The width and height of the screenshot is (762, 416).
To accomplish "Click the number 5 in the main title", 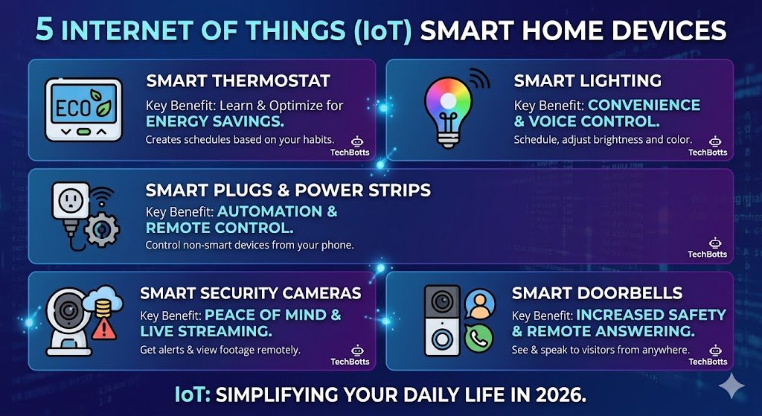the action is pos(44,30).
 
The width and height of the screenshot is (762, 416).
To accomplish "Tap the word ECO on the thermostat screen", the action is pos(73,108).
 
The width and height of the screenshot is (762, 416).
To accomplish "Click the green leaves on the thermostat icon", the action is pos(102,103).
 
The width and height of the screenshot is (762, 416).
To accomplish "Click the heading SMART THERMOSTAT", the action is pos(238,80).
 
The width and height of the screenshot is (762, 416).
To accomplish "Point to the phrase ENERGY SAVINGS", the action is pos(215,121).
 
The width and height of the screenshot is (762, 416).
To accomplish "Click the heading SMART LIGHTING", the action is pos(588,80).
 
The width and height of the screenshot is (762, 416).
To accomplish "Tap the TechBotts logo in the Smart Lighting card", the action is pos(708,147).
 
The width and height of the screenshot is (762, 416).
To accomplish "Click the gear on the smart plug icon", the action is pos(101,229).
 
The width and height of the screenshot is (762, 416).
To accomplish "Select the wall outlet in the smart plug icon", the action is pos(71,200).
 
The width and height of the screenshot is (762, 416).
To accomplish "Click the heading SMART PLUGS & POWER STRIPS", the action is pos(288,190).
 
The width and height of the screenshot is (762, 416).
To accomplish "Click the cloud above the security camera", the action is pos(103,298).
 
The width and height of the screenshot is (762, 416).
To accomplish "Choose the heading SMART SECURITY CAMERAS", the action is pos(251,293).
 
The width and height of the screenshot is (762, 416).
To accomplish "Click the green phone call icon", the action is pos(478,339).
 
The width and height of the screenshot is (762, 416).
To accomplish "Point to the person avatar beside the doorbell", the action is pos(480,304).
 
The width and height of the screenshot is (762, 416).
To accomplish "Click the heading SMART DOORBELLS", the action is pos(597,293).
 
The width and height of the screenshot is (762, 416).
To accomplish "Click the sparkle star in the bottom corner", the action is pos(731,386).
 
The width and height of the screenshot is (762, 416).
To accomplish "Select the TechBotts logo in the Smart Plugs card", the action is pos(708,248).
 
